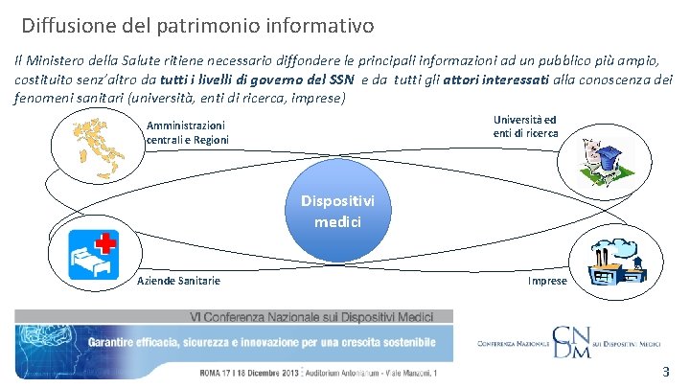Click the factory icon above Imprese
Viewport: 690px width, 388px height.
tap(609, 258)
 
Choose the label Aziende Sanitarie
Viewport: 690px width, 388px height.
tap(178, 281)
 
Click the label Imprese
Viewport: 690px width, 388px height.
tap(547, 281)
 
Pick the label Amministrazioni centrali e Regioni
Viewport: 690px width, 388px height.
tap(187, 132)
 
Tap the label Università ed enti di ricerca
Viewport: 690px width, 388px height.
tap(525, 126)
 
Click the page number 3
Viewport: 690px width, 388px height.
tap(665, 371)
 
